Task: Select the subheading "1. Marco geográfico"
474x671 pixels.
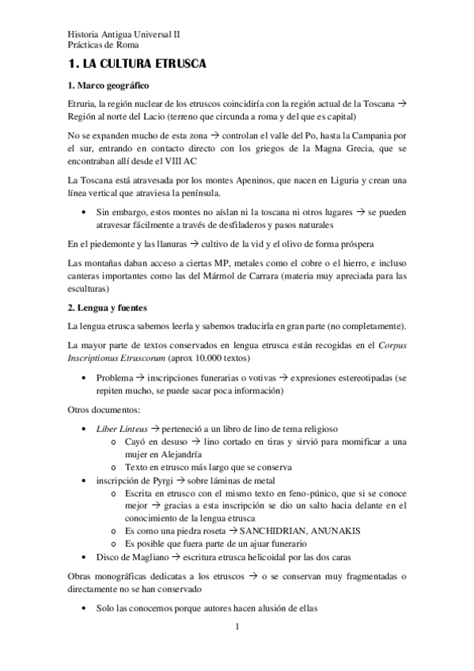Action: coord(108,85)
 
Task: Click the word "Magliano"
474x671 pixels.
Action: coord(156,556)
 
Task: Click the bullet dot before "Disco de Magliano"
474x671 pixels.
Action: coord(85,556)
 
